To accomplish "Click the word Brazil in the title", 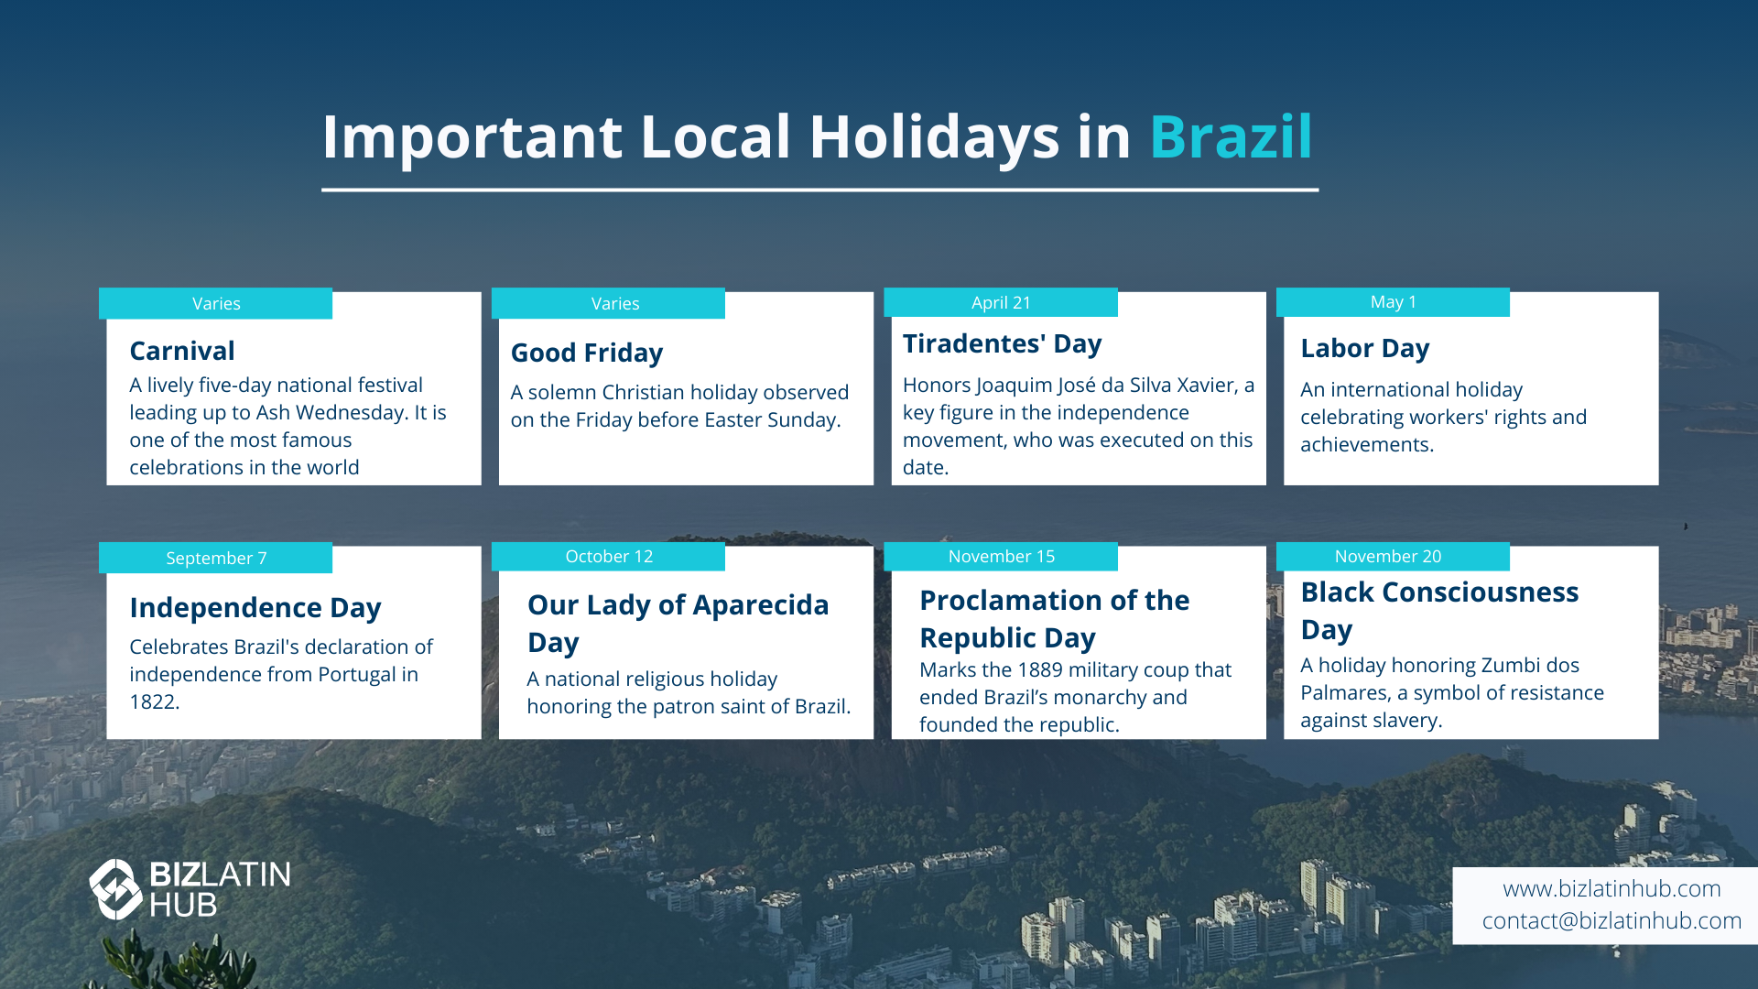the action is tap(1231, 137).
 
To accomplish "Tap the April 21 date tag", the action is tap(1001, 302).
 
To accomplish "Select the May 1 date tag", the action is tap(1393, 302).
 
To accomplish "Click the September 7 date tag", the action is tap(216, 558).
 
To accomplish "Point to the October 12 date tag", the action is tap(608, 557).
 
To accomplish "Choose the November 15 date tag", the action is tap(1001, 557).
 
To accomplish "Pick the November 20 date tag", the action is tap(1393, 557).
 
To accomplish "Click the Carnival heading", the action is tap(182, 351).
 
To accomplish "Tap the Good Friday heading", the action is tap(587, 353).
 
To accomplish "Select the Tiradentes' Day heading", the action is tap(1003, 344).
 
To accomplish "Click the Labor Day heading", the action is tap(1365, 349).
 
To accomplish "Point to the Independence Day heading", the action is tap(255, 608).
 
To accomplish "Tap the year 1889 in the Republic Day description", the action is tap(1040, 670).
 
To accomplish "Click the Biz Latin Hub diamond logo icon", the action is tap(116, 889).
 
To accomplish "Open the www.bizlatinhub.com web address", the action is tap(1611, 889).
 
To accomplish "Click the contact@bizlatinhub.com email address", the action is tap(1611, 921).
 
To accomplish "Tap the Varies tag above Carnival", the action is tap(216, 304).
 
